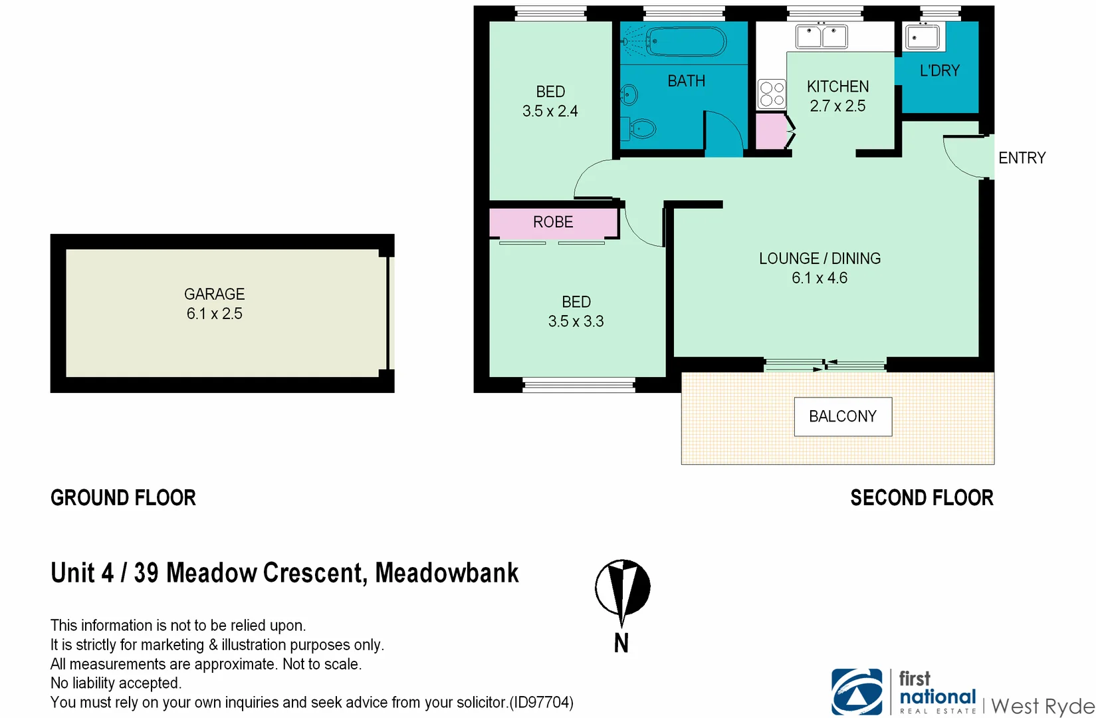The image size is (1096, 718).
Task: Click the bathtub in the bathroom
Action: (x=686, y=42)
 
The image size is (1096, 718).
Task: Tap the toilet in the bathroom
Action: (x=639, y=128)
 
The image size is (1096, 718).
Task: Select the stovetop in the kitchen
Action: (x=772, y=94)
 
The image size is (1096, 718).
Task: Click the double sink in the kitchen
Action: (x=822, y=36)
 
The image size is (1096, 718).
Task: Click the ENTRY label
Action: (x=1022, y=158)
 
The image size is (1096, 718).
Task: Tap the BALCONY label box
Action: (x=843, y=417)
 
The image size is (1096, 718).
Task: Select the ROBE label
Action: (x=553, y=222)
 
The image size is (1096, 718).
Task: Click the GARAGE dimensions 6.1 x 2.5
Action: (x=214, y=314)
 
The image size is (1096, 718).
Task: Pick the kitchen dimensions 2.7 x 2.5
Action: (x=837, y=106)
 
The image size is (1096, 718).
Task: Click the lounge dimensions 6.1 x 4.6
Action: (x=820, y=279)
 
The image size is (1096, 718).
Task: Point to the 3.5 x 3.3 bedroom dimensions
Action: (x=576, y=322)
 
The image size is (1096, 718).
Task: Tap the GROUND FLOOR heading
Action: (x=123, y=498)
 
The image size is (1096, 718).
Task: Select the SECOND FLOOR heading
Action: (x=921, y=498)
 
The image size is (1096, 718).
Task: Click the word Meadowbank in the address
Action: (x=447, y=573)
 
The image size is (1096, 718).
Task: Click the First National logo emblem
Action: (x=857, y=692)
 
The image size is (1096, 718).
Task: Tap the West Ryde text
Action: (x=1042, y=705)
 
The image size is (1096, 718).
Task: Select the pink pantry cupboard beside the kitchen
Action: (x=771, y=131)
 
